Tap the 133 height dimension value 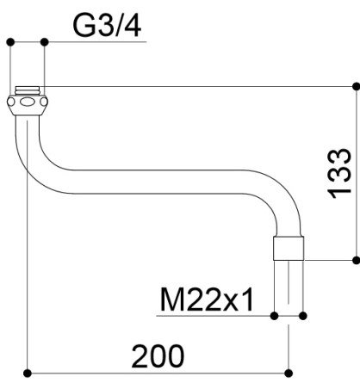[x=339, y=174]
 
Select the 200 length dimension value [x=158, y=356]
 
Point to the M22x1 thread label [x=207, y=300]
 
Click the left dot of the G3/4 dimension [x=10, y=42]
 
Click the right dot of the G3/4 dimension [x=45, y=42]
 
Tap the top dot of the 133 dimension [x=356, y=86]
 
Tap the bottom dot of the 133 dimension [x=356, y=261]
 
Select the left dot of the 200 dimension [x=28, y=374]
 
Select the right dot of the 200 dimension [x=289, y=374]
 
